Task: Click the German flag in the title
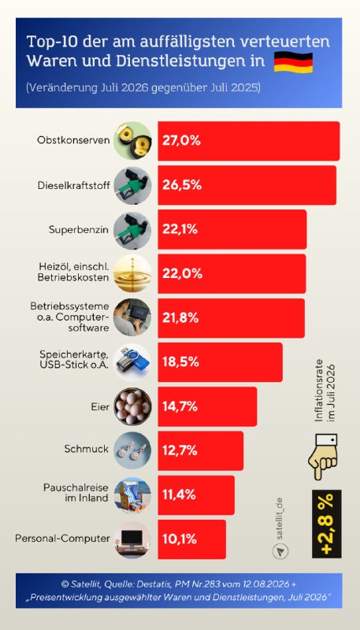(293, 63)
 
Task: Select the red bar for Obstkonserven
(249, 141)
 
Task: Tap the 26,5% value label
(182, 186)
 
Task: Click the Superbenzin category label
(79, 230)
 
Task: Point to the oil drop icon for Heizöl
(132, 273)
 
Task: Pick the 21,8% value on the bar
(180, 318)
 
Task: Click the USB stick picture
(132, 362)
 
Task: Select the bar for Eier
(207, 406)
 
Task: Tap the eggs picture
(132, 406)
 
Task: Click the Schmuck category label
(87, 449)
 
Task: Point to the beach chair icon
(132, 495)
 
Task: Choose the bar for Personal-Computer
(192, 539)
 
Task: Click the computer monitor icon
(132, 539)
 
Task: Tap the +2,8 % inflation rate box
(327, 524)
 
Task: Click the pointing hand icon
(323, 457)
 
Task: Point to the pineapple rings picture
(132, 141)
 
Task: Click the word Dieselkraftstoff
(73, 186)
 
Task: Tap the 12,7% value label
(180, 450)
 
